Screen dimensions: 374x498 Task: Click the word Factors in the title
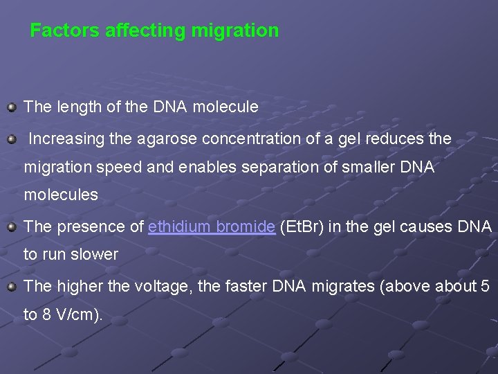click(58, 31)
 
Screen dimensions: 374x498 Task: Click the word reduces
click(390, 139)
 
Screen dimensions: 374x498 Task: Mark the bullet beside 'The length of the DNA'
click(11, 107)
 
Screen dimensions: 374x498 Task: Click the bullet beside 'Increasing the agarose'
click(11, 139)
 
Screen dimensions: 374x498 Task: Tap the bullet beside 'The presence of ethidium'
click(11, 226)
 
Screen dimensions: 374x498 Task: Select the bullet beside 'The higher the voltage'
click(11, 287)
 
